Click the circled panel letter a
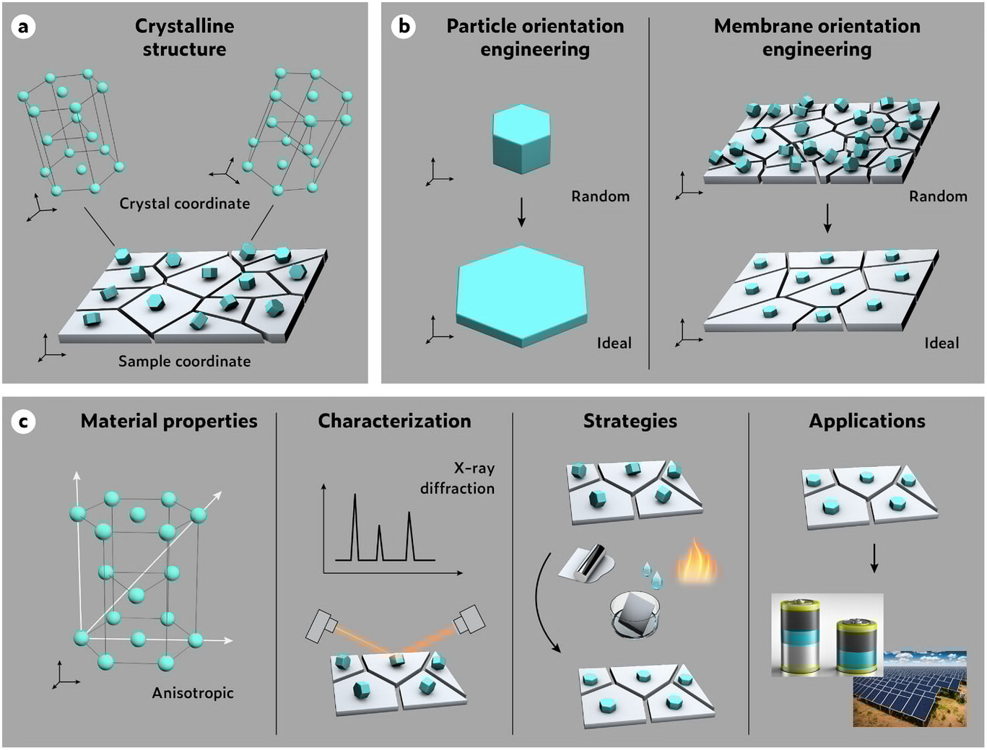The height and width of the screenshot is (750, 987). tap(24, 27)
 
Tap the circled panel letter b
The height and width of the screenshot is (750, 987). tap(403, 27)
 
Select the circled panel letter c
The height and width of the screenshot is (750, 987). tap(24, 422)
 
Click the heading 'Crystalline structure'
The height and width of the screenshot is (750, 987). tap(184, 38)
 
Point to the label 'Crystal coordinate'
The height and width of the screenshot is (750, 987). tap(184, 204)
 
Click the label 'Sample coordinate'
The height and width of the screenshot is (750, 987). tap(184, 361)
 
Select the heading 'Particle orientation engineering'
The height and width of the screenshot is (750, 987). tap(535, 38)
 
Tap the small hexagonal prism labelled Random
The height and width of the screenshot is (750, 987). tap(521, 139)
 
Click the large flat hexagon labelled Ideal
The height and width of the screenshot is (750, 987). tap(521, 295)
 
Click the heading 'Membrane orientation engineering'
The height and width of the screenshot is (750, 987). tap(817, 38)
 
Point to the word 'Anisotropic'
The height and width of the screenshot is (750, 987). tap(193, 693)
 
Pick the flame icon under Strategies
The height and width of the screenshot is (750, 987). tap(695, 561)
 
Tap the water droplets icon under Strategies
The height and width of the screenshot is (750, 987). tap(652, 575)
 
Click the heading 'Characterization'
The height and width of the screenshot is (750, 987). tap(394, 421)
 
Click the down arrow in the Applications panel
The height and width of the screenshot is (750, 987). tap(874, 558)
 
